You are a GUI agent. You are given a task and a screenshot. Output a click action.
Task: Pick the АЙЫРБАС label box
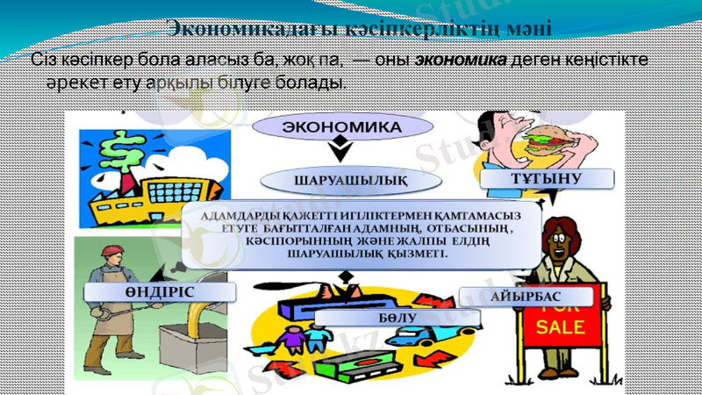[526, 297]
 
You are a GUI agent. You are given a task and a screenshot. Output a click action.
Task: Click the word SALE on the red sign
[553, 328]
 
